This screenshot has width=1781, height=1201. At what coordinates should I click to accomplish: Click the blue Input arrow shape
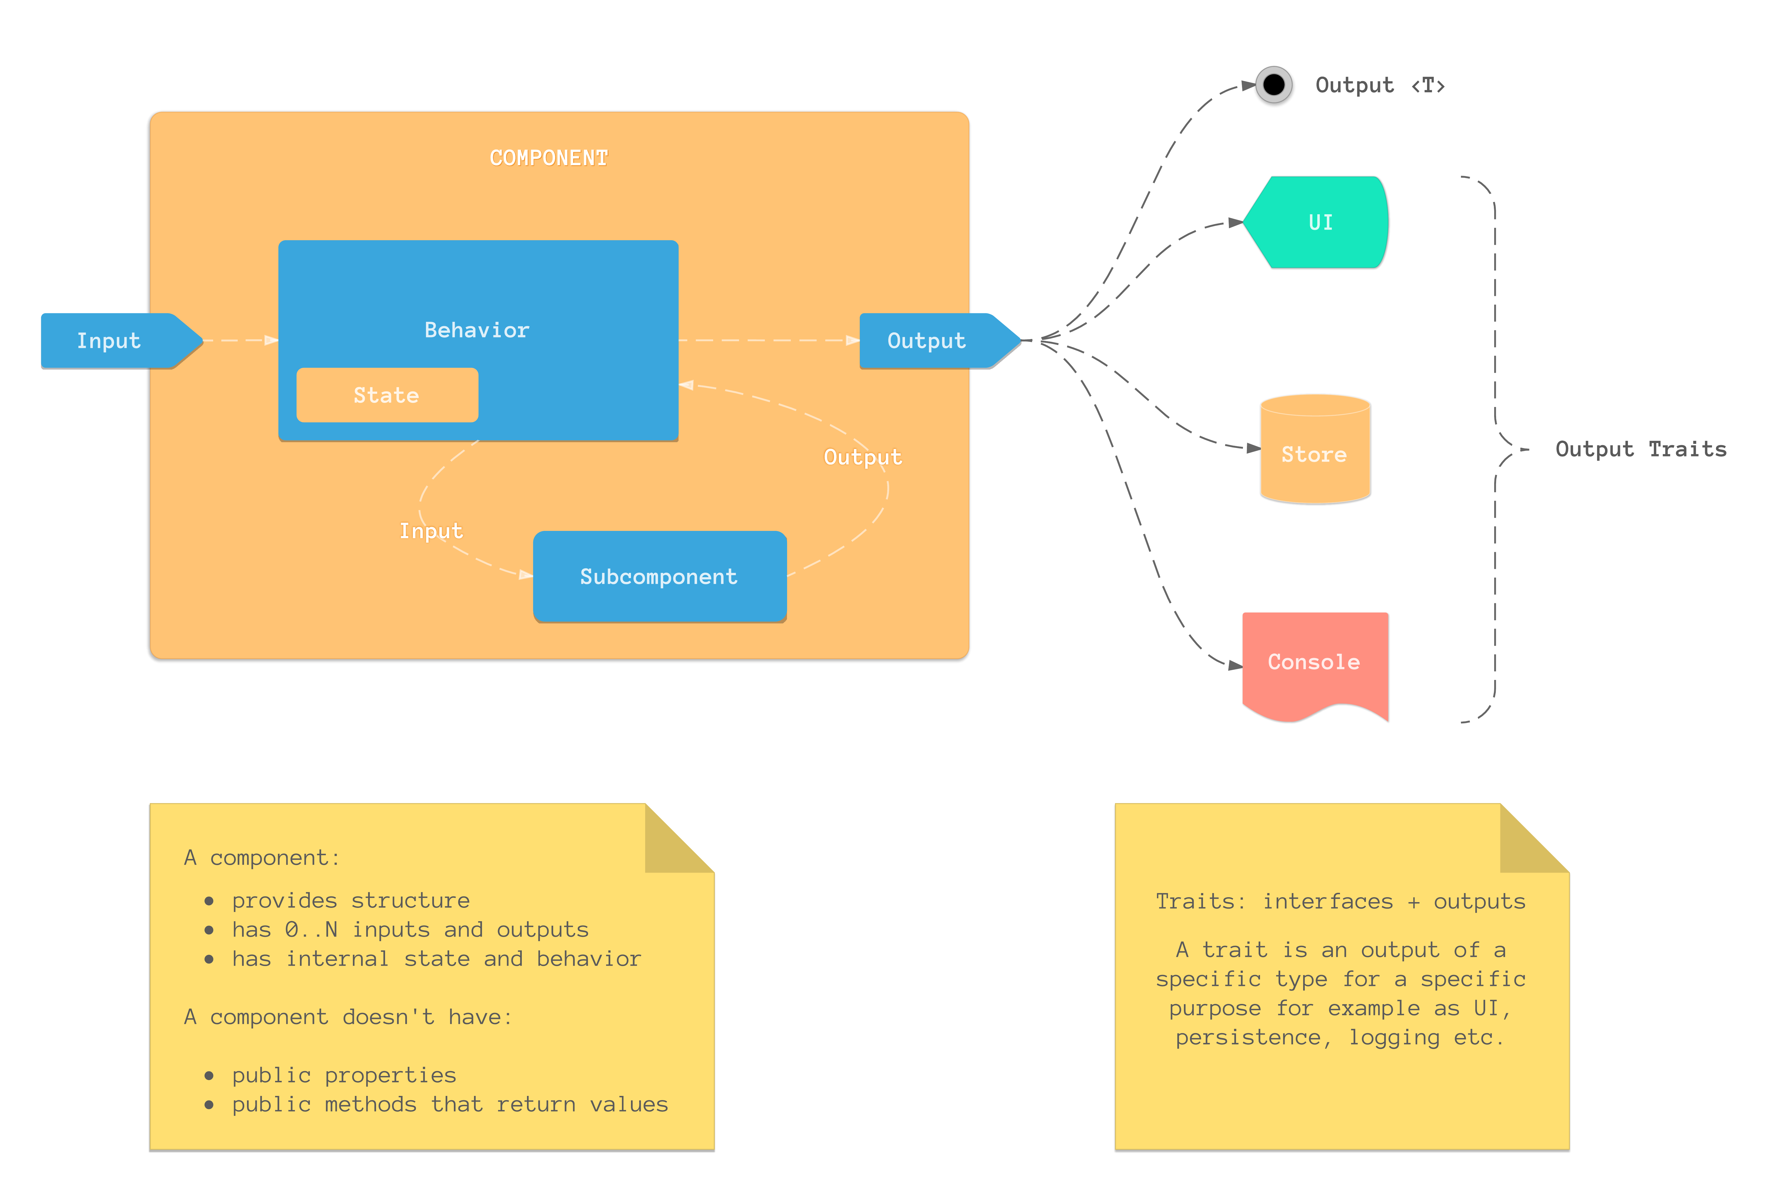[115, 341]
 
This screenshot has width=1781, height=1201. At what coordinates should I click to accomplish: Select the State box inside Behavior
[387, 395]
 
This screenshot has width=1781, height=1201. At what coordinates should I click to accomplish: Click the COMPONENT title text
[548, 158]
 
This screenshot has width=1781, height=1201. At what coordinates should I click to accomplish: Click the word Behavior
[476, 330]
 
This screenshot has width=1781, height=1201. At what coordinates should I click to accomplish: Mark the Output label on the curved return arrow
[862, 457]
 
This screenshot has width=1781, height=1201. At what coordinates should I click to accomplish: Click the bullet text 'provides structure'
[351, 901]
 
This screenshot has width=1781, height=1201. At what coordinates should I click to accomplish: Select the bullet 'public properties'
[344, 1075]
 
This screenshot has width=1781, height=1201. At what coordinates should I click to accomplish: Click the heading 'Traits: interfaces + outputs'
[1340, 902]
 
